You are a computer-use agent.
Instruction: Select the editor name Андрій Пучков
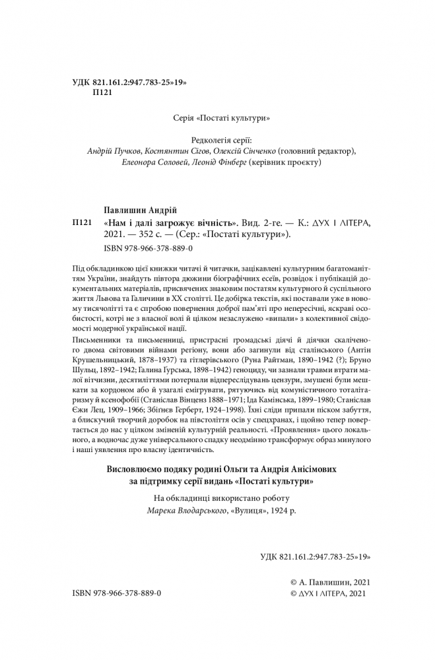[x=115, y=151]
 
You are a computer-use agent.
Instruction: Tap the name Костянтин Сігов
[x=172, y=151]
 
